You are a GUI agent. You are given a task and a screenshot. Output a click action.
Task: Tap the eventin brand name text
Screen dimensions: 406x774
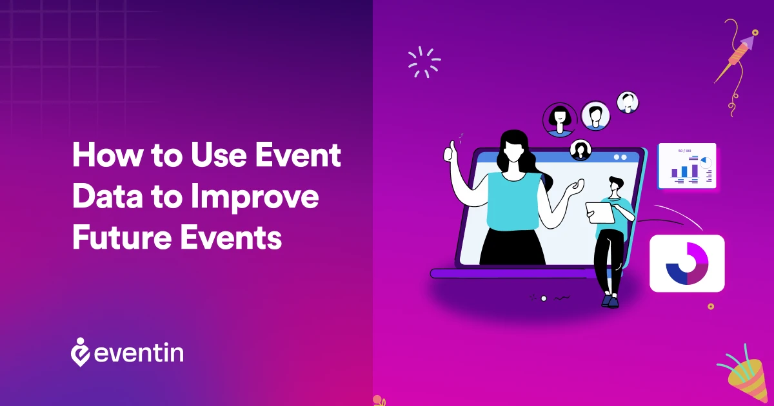pos(138,353)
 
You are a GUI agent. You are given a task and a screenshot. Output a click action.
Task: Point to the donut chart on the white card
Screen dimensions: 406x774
pos(687,263)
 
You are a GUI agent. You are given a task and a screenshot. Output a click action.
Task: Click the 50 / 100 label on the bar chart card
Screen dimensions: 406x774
pos(684,151)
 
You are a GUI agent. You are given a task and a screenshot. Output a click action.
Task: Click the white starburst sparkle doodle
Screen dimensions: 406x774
pos(424,63)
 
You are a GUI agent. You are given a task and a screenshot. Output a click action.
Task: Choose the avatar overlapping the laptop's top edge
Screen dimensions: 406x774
pos(581,150)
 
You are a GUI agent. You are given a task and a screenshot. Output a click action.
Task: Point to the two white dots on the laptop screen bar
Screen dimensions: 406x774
pos(620,157)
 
